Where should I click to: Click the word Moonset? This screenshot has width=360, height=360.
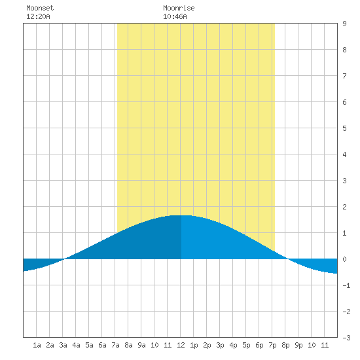point(40,8)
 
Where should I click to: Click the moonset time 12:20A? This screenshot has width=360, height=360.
point(38,16)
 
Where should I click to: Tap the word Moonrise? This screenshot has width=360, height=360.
point(179,8)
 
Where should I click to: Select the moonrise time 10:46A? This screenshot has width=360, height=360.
point(175,16)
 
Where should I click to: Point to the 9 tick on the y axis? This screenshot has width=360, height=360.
point(344,24)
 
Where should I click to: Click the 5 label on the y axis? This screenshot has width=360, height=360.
point(344,128)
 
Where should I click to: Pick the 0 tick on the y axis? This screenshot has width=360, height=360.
point(344,259)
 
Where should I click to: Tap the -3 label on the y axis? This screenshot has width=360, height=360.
point(346,338)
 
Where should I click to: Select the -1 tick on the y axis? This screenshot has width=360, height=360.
point(346,285)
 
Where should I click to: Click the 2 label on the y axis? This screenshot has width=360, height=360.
point(344,207)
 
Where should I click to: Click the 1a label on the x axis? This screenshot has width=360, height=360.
point(37,345)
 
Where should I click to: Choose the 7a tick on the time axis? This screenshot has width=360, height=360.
point(115,345)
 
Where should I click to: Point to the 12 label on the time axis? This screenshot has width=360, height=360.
point(181,345)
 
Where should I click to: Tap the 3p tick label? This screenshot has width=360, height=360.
point(220,345)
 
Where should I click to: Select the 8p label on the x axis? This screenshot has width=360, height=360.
point(285,345)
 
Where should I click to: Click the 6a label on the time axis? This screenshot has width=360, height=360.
point(102,345)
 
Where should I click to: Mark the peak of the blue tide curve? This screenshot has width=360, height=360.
point(181,215)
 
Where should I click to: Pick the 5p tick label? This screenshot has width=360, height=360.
point(246,345)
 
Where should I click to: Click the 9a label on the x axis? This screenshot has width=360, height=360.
point(141,345)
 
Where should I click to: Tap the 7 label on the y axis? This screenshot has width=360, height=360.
point(344,76)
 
